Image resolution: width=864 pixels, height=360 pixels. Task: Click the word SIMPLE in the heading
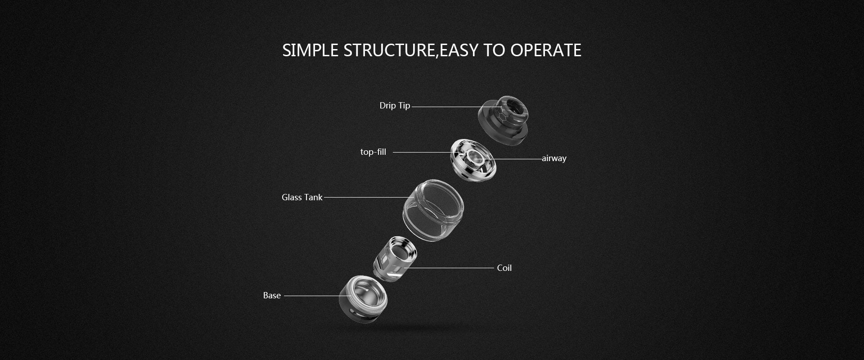(310, 50)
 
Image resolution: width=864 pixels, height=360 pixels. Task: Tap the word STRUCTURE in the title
(390, 50)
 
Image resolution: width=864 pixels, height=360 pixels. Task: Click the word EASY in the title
(459, 50)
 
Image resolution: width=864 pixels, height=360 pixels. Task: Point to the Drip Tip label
(395, 106)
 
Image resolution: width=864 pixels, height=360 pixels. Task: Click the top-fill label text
(373, 152)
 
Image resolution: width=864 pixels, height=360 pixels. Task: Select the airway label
(554, 158)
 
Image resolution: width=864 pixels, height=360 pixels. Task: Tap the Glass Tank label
(302, 197)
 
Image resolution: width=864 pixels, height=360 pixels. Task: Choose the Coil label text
(504, 268)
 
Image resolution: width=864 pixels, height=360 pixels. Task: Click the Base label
(272, 296)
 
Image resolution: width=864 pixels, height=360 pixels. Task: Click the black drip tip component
(504, 120)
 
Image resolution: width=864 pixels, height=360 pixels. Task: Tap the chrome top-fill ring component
(473, 160)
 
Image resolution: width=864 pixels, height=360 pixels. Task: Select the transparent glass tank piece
(433, 211)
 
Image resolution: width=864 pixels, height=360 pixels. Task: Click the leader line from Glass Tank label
(366, 197)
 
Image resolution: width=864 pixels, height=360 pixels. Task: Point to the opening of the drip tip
(513, 108)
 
